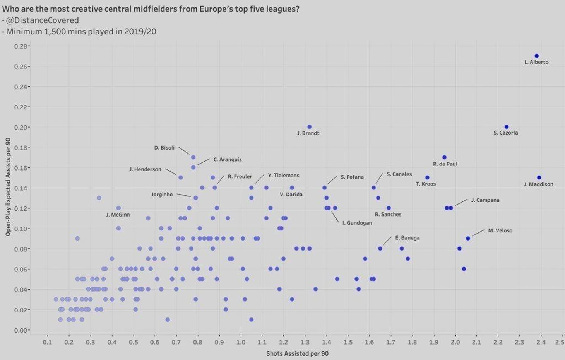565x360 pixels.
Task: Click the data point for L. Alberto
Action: pos(536,56)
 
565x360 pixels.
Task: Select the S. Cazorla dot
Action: pos(507,127)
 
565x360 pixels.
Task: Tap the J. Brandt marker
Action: pos(309,127)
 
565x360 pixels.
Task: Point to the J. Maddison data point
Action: pos(539,177)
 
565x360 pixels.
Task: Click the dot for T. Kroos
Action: pos(427,177)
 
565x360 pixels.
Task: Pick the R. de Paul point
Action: pos(444,157)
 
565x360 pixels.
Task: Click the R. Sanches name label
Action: pos(388,214)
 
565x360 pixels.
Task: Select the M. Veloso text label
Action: pos(500,230)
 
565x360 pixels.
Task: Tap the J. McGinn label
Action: pos(118,215)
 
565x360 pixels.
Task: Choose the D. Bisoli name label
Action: pos(164,148)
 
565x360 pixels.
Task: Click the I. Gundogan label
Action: pos(357,223)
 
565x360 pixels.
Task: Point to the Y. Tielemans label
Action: pos(284,175)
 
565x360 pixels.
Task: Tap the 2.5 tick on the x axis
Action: pos(559,342)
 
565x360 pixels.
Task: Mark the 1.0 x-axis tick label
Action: pos(241,342)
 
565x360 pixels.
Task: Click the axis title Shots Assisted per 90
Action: pos(297,353)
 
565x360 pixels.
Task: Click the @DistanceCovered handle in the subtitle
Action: pos(43,20)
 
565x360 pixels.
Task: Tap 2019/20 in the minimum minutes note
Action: pos(140,32)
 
